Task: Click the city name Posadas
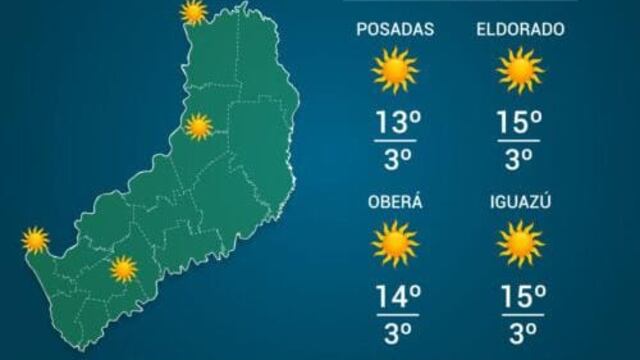click(395, 30)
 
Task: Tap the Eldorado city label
click(520, 30)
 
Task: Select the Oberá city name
click(395, 202)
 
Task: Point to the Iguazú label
click(520, 202)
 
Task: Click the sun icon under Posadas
click(394, 71)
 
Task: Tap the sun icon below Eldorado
click(520, 71)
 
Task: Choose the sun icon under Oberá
click(394, 243)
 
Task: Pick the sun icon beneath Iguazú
click(520, 243)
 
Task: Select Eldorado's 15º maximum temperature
click(521, 124)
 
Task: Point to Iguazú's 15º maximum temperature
click(521, 296)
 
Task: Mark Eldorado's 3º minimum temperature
click(521, 158)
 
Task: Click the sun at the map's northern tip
click(194, 13)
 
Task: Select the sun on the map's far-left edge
click(36, 240)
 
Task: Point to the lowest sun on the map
click(123, 267)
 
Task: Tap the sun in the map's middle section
click(199, 126)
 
